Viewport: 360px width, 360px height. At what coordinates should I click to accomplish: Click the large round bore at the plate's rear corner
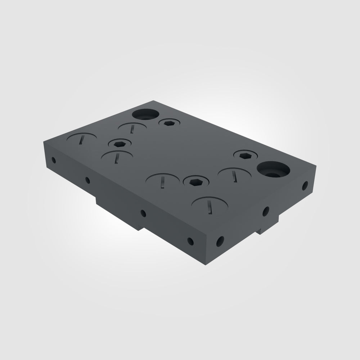[145, 114]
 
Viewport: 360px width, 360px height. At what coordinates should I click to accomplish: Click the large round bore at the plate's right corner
[274, 170]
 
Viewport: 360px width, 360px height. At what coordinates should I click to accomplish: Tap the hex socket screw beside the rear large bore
[169, 123]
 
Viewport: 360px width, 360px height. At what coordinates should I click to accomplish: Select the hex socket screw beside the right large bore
[246, 156]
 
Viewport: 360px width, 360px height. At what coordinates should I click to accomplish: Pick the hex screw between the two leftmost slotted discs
[119, 144]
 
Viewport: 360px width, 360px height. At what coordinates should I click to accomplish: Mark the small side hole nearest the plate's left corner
[54, 159]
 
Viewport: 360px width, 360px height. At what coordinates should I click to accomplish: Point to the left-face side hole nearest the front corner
[190, 241]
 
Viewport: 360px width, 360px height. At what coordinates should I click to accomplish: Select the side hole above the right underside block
[266, 211]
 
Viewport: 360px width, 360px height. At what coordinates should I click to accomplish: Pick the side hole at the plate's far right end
[305, 186]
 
